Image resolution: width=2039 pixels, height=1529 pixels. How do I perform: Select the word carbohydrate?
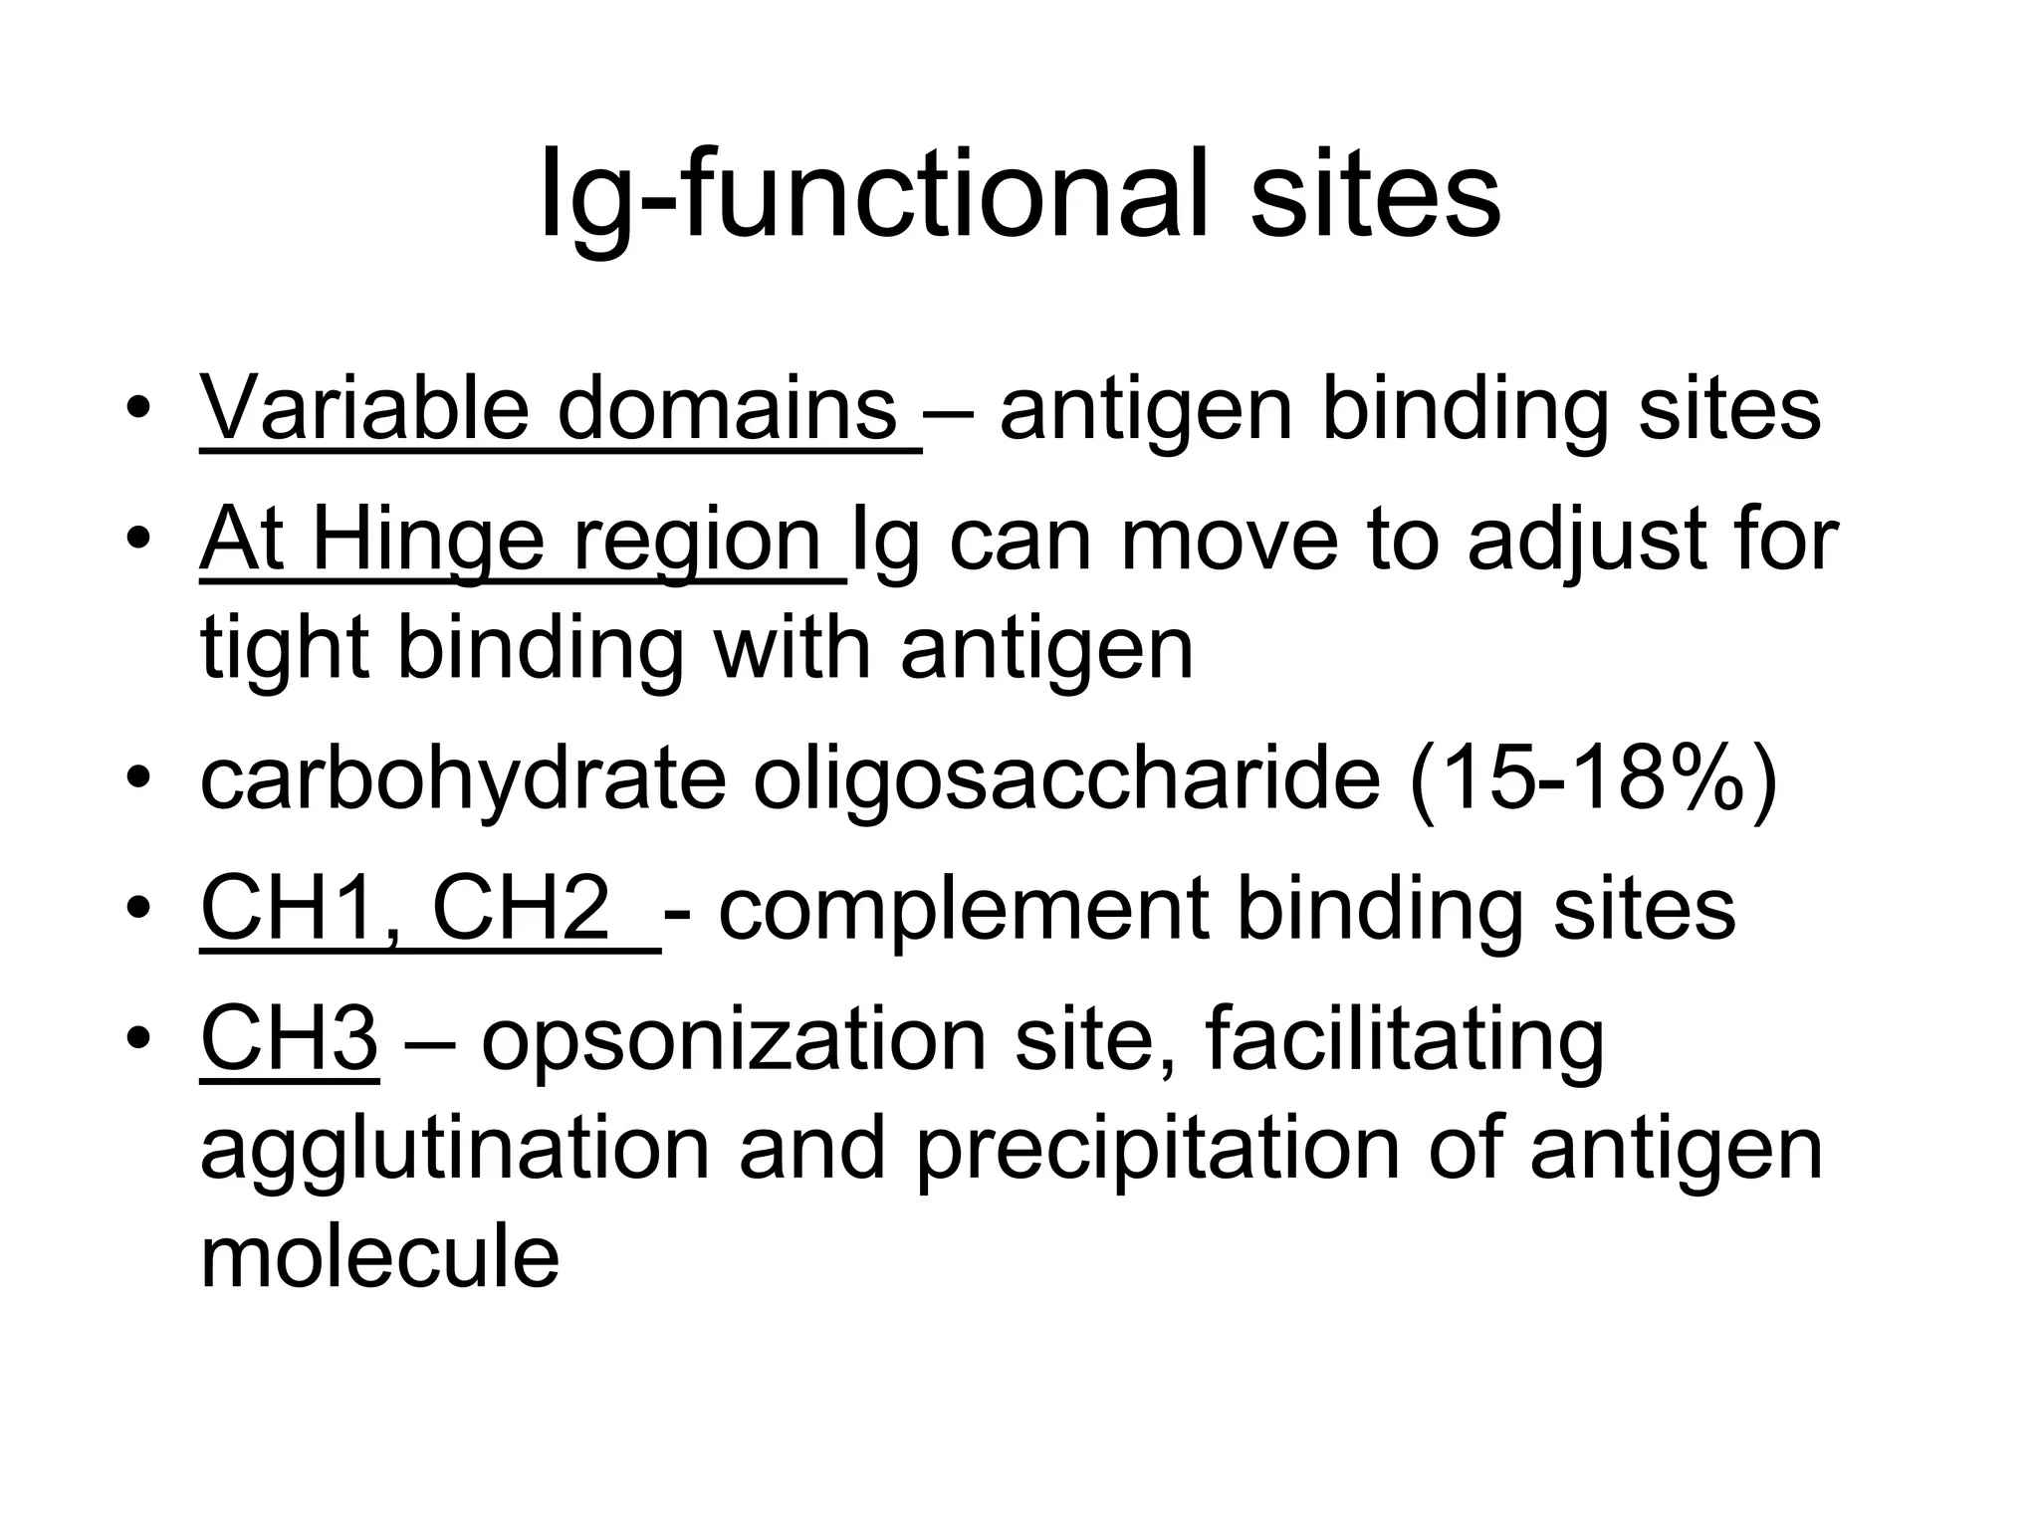point(463,779)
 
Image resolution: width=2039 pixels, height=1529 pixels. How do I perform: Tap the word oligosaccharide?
point(1066,779)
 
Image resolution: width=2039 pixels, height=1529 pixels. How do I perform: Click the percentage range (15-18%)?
point(1593,779)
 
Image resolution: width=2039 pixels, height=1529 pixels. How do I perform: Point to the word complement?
point(963,909)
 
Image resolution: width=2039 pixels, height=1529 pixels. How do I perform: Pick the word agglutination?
point(455,1149)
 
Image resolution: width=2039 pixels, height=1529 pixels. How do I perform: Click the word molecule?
point(379,1257)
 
